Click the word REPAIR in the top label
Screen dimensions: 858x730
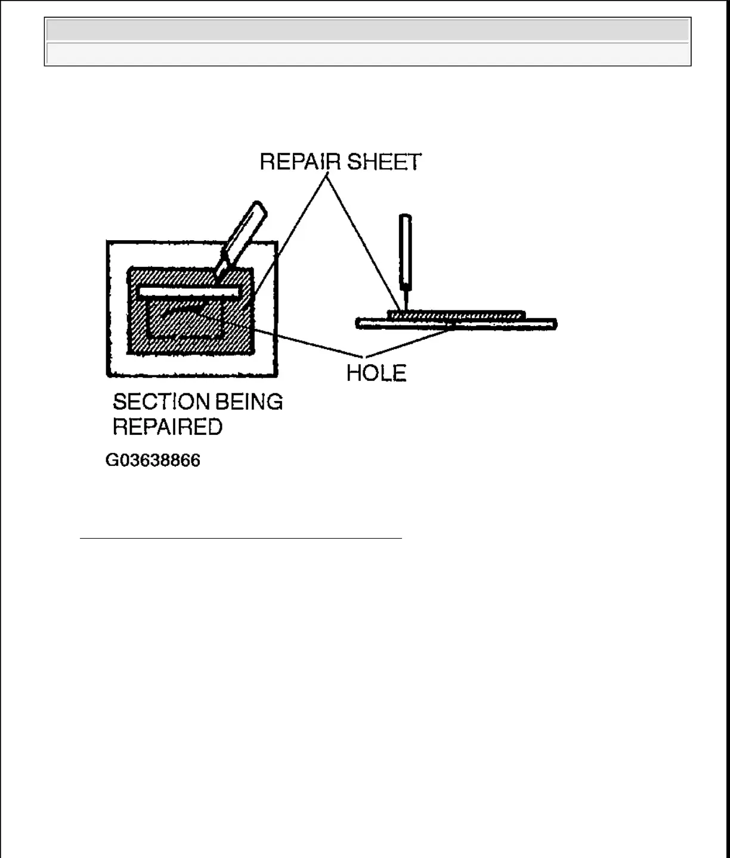[x=301, y=162]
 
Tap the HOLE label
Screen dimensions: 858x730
[x=376, y=374]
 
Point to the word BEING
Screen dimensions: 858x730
[x=249, y=402]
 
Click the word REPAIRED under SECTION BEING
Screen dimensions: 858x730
[x=168, y=427]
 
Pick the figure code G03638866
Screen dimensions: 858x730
[x=153, y=461]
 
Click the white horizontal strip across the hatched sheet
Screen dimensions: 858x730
[x=190, y=292]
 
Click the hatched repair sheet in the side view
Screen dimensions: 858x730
[x=456, y=314]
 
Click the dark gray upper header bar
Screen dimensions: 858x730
[x=367, y=30]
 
